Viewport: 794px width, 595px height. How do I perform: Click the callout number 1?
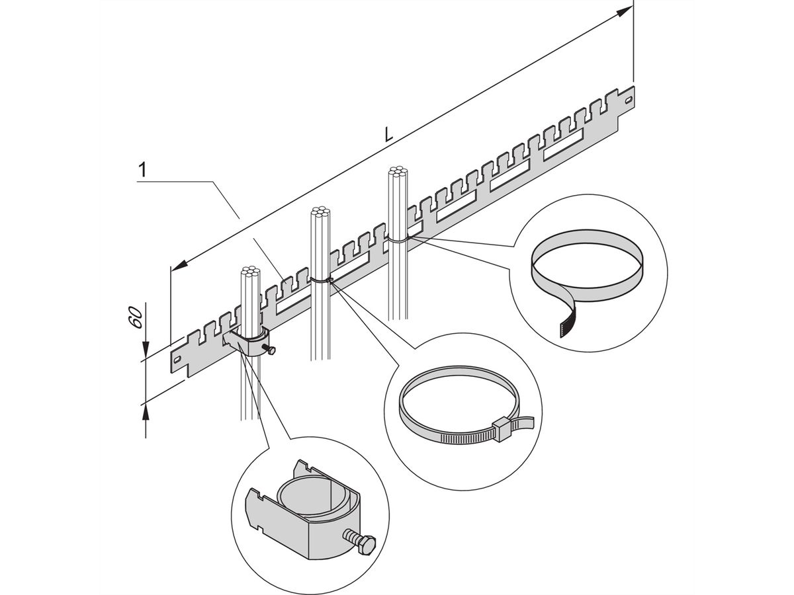click(141, 170)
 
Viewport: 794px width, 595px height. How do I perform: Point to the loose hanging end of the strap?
click(566, 321)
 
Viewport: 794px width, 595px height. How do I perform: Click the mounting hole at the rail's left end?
click(179, 357)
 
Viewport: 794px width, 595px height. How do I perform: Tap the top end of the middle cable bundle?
click(319, 213)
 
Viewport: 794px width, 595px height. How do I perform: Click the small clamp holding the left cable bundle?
click(250, 345)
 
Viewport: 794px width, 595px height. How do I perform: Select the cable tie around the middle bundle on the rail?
click(320, 280)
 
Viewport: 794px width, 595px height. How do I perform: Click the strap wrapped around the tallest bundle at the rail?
click(398, 239)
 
